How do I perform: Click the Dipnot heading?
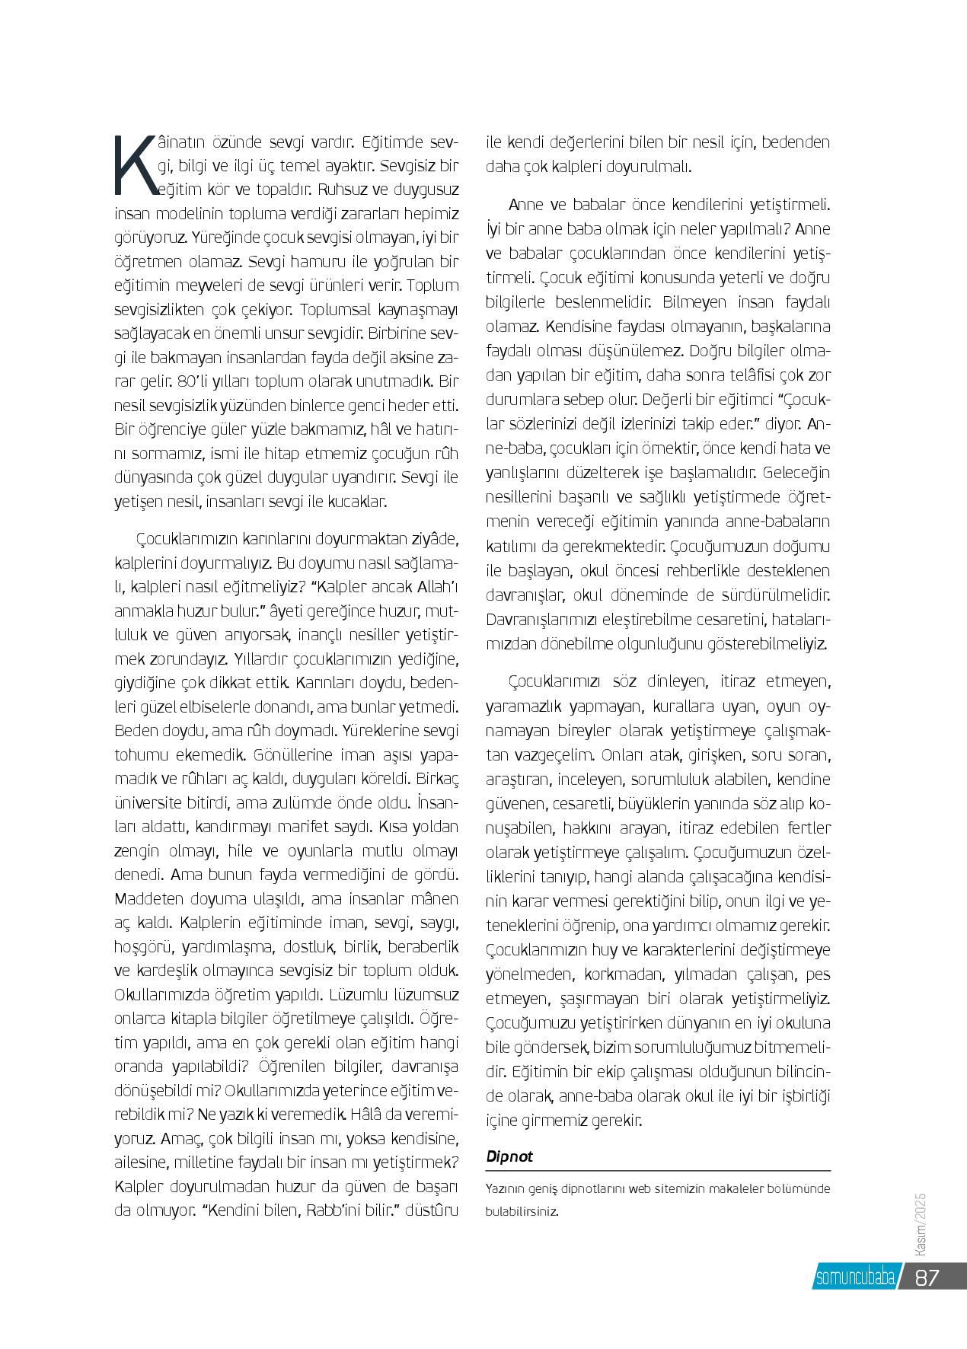(x=509, y=1156)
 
